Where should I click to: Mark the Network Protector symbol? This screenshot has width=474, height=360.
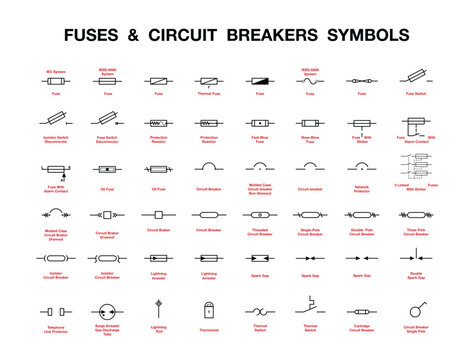361,165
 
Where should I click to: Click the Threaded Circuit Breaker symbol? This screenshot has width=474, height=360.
260,213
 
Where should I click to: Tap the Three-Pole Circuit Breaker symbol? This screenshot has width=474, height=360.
416,213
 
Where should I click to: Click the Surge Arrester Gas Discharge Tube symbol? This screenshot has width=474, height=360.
107,306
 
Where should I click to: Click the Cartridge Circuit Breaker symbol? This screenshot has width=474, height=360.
362,306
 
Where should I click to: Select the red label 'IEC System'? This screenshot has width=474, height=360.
57,70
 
